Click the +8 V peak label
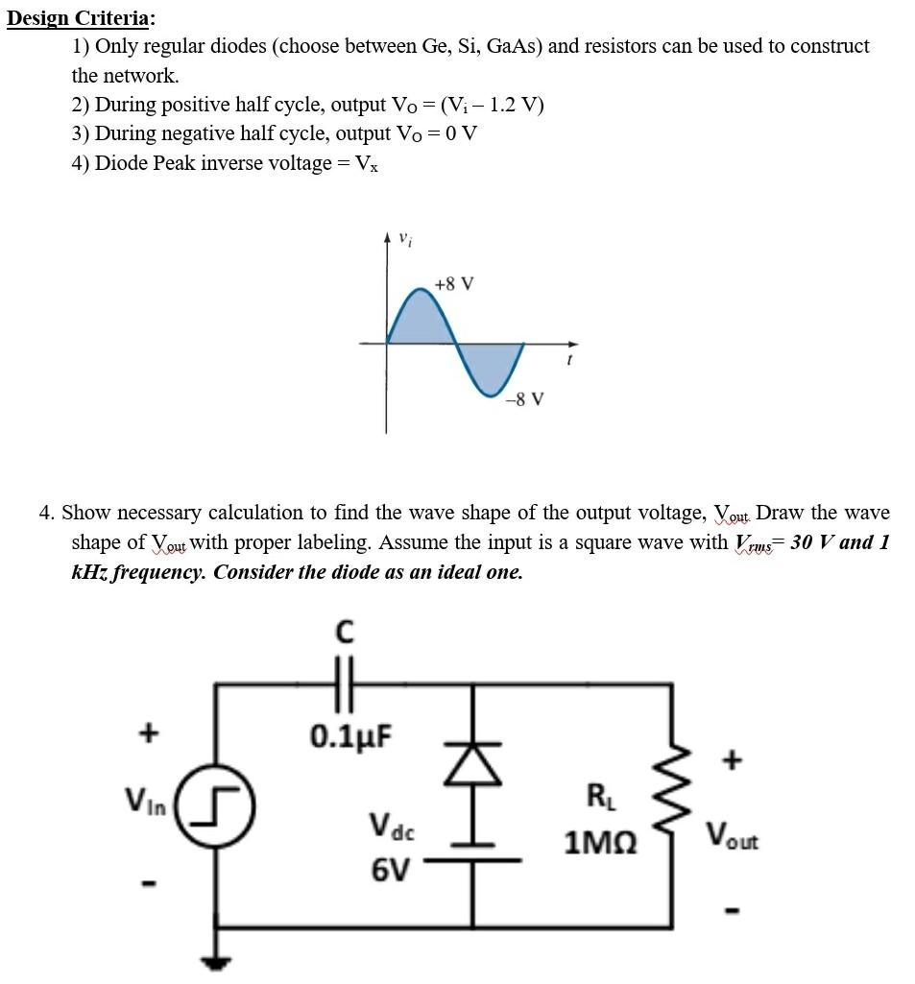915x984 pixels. (x=453, y=284)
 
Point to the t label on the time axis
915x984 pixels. (x=568, y=362)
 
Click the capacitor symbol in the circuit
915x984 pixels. (x=345, y=684)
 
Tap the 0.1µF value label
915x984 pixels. (x=350, y=736)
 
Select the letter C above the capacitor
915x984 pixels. (x=345, y=633)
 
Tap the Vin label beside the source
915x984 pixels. (x=143, y=798)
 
